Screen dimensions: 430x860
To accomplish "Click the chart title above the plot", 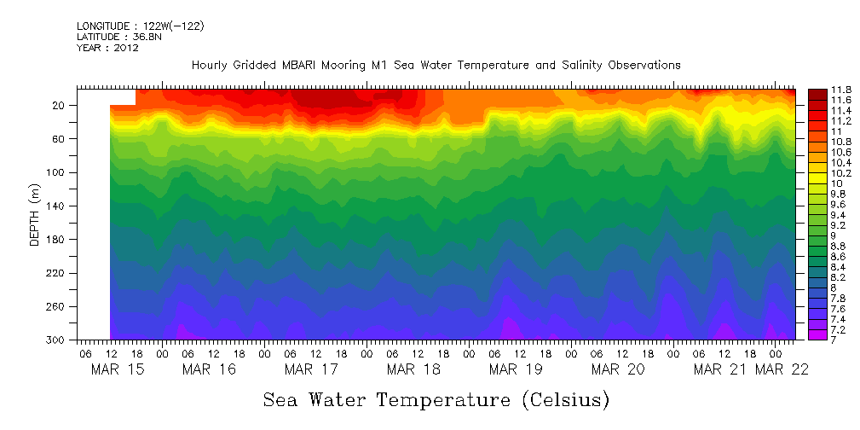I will click(x=436, y=65).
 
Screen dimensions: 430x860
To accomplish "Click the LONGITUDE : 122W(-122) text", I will click(x=140, y=26).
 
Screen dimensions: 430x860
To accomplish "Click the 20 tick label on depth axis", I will click(x=59, y=106).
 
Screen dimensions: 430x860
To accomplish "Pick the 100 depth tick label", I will click(x=56, y=172).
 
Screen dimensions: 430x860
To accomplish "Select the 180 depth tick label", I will click(x=56, y=240).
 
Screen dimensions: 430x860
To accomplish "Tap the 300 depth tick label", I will click(x=56, y=340).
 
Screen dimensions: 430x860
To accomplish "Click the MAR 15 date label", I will click(x=118, y=369).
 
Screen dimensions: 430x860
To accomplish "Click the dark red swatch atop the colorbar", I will click(x=817, y=93).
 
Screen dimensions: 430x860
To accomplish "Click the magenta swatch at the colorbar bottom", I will click(x=817, y=334).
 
